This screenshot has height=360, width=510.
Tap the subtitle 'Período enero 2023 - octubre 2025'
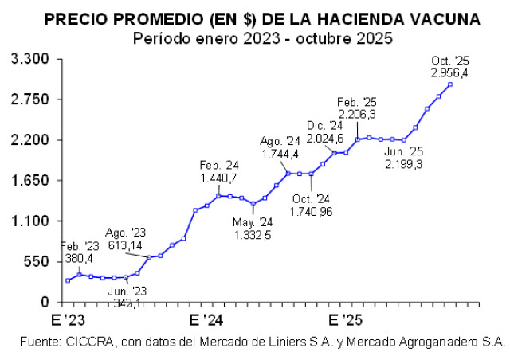(262, 37)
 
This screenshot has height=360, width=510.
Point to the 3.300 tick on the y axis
(30, 60)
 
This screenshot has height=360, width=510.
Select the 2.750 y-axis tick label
(30, 100)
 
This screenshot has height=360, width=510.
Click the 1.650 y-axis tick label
(30, 181)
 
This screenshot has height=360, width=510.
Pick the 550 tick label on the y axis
(36, 262)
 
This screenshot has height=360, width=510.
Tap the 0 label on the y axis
(46, 303)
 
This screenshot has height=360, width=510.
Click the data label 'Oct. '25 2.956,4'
(449, 67)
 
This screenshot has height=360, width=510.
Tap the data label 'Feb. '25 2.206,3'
(357, 108)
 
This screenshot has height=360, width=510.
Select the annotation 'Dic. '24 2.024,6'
(325, 132)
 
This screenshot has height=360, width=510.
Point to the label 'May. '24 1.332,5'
(253, 229)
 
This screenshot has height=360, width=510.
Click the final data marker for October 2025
(450, 84)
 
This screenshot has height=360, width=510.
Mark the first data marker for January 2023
(68, 280)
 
